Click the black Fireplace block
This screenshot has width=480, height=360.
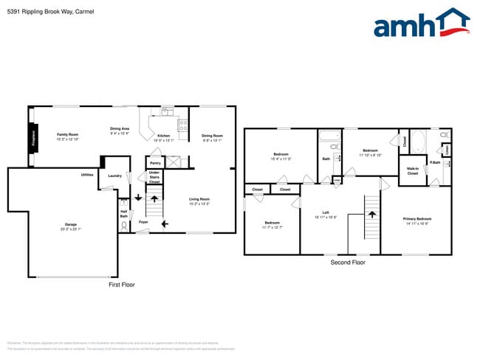tap(33, 138)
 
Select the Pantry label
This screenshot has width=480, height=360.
tap(155, 162)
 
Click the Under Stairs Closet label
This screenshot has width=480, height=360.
tap(154, 177)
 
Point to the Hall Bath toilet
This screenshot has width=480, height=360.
tap(124, 226)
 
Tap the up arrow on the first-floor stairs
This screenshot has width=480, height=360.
tap(154, 198)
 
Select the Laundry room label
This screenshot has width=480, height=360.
tap(114, 176)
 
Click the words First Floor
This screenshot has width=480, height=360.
tap(123, 284)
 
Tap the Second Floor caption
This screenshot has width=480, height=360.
tap(348, 262)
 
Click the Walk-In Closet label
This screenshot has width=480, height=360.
tap(413, 171)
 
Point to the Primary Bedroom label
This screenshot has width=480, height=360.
tap(417, 220)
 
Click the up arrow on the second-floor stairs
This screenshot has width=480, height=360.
tap(372, 213)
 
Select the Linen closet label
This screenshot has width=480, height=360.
tap(448, 150)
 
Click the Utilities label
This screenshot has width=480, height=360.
tap(87, 175)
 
